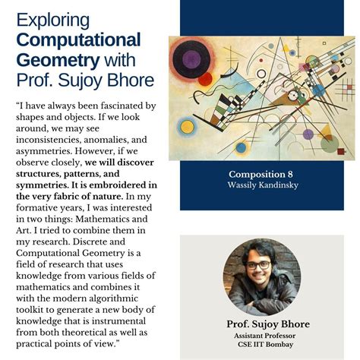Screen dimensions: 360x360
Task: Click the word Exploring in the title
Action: tap(52, 20)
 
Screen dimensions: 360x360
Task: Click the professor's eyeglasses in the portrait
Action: tap(260, 264)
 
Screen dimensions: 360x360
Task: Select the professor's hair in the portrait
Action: tap(261, 249)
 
